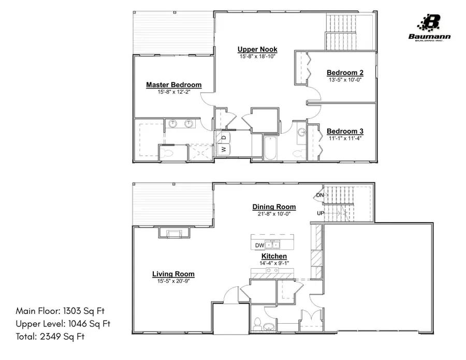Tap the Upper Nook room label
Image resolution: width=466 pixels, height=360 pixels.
coord(257,49)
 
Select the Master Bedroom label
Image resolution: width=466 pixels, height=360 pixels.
coord(173,85)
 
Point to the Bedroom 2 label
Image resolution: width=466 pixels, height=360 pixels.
coord(345,73)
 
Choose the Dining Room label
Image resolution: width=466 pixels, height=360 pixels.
coord(274,207)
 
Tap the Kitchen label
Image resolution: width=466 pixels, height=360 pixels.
coord(273,256)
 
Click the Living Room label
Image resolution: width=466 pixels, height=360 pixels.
coord(173,274)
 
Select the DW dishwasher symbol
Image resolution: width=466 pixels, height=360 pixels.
coord(259,245)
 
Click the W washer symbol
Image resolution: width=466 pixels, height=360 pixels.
coord(224,149)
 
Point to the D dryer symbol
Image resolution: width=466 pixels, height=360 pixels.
coord(224,137)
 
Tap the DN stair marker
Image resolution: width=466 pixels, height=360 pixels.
coord(319,195)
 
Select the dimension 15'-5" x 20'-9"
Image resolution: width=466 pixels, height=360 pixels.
coord(173,281)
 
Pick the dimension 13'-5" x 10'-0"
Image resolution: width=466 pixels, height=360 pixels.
coord(345,80)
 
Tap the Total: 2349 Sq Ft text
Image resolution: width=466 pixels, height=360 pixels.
coord(50,337)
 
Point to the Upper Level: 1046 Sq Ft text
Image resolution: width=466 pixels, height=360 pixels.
coord(63,324)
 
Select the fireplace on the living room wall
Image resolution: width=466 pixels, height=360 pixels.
coord(172,233)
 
